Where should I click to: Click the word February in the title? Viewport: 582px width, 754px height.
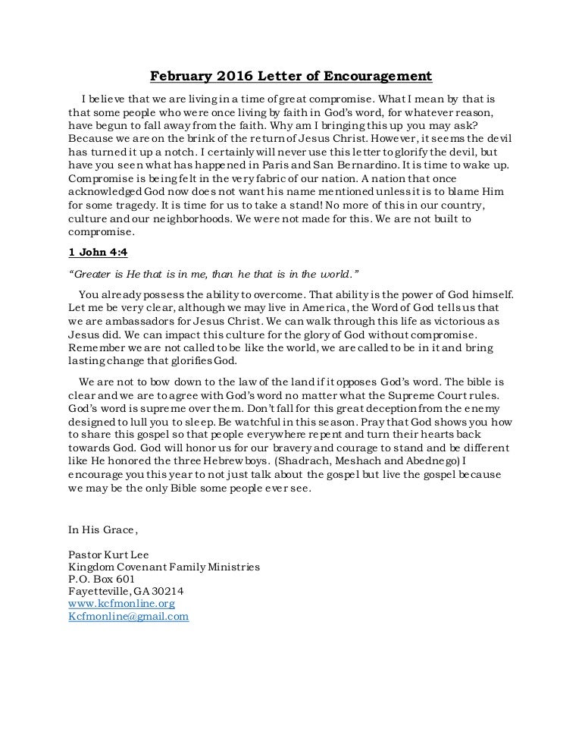tap(178, 76)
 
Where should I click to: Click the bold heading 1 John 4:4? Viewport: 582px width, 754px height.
tap(95, 253)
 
